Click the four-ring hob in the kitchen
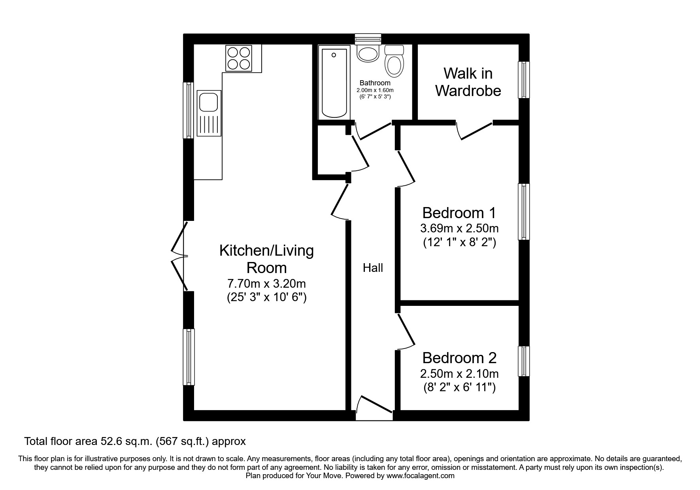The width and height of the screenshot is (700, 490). [238, 58]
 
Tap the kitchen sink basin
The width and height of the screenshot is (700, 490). [208, 102]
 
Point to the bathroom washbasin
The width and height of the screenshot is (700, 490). [368, 53]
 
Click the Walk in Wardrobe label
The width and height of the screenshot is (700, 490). [468, 82]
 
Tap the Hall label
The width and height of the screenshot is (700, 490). [373, 268]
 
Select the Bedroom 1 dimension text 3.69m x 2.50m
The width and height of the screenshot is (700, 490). [459, 228]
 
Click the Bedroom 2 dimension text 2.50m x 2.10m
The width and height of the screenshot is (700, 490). [459, 373]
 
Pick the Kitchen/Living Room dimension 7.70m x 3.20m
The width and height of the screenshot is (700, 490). [266, 284]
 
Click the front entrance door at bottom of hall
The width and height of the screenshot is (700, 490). [374, 409]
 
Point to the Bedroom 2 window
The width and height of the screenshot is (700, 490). [524, 361]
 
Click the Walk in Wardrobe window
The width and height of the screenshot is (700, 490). [524, 80]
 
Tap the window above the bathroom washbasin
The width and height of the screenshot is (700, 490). [368, 38]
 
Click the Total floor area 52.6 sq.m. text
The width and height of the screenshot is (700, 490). [135, 441]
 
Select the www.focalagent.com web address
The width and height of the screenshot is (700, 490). [421, 476]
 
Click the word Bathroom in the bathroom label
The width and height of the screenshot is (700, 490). [375, 83]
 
